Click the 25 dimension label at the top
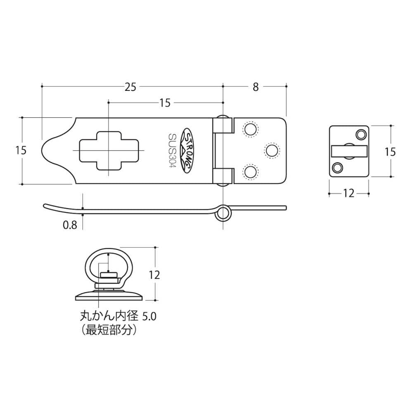pyautogui.click(x=131, y=87)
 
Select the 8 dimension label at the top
pyautogui.click(x=256, y=87)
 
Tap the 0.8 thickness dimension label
pyautogui.click(x=70, y=225)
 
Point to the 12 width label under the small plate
pyautogui.click(x=349, y=194)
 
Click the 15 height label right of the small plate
pyautogui.click(x=390, y=152)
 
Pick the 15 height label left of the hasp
pyautogui.click(x=21, y=150)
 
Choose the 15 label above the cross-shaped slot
pyautogui.click(x=165, y=103)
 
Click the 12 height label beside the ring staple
pyautogui.click(x=154, y=275)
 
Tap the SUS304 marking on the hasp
pyautogui.click(x=173, y=150)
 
